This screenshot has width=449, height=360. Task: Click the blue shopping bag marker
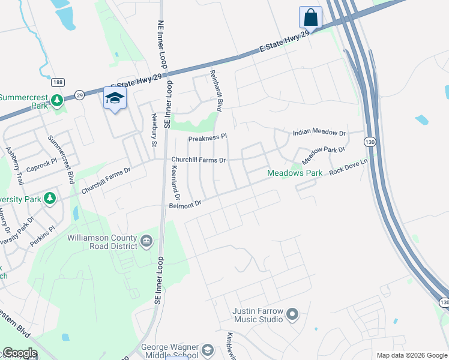pos(310,17)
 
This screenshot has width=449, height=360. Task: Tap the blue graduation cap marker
pos(115,98)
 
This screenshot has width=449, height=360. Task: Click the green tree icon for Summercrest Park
pos(57,100)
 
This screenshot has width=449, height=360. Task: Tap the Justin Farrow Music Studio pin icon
pos(292,314)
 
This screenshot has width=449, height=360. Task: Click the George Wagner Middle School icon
pos(207,350)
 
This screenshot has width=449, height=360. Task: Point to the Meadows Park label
pos(295,173)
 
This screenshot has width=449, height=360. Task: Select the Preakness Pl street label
pos(208,137)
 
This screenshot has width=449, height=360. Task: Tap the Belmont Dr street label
pos(184,205)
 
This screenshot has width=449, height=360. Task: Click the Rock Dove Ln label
pos(348,170)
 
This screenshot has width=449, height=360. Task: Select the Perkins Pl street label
pos(43,228)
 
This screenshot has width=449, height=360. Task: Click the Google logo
pos(19,353)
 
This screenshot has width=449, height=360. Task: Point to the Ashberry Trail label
pos(14,166)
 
